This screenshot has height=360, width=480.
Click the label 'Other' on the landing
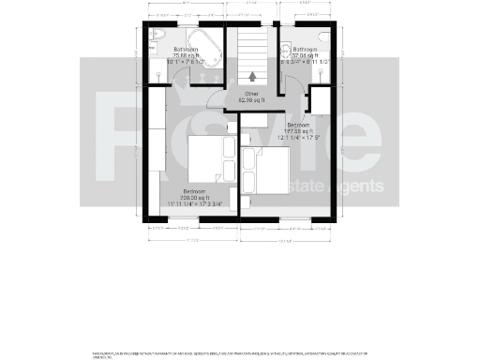pyautogui.click(x=250, y=93)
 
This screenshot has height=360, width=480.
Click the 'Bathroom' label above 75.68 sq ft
pyautogui.click(x=184, y=49)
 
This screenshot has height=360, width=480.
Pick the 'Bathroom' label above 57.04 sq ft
pyautogui.click(x=306, y=49)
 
